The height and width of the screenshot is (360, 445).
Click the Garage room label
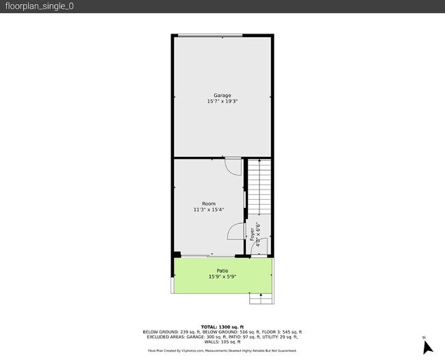[x=222, y=95]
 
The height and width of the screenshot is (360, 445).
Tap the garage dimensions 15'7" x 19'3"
[x=222, y=101]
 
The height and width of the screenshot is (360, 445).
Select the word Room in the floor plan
[x=209, y=204]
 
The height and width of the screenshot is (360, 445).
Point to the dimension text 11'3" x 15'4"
[x=209, y=210]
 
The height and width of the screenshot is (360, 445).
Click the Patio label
[x=222, y=271]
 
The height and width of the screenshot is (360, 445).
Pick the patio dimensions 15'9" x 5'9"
[x=222, y=277]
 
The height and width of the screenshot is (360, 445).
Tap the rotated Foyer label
[x=253, y=235]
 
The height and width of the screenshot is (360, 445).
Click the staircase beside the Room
[x=259, y=186]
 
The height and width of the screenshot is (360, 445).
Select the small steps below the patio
[x=260, y=298]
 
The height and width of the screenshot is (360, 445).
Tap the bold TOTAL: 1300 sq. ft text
[x=222, y=327]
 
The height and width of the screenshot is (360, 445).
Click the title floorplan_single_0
[x=39, y=6]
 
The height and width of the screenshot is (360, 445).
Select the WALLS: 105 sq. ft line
[x=222, y=342]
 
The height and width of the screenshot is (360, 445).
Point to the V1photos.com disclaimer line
[x=222, y=350]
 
